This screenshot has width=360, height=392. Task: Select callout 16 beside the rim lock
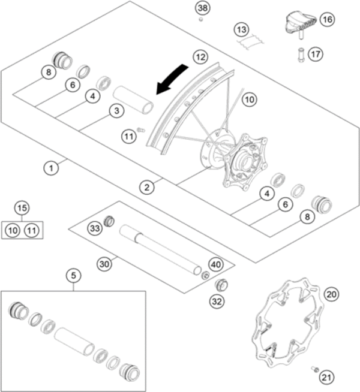pyautogui.click(x=327, y=19)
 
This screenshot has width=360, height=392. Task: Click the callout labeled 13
pyautogui.click(x=241, y=29)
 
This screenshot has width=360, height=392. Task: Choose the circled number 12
pyautogui.click(x=200, y=57)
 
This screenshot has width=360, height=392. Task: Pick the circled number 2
pyautogui.click(x=146, y=187)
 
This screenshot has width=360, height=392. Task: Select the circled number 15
pyautogui.click(x=22, y=209)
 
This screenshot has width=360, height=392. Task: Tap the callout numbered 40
pyautogui.click(x=215, y=264)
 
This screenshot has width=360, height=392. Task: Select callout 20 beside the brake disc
pyautogui.click(x=331, y=294)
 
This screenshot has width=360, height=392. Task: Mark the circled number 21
pyautogui.click(x=325, y=377)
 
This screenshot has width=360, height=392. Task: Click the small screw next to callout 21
pyautogui.click(x=313, y=370)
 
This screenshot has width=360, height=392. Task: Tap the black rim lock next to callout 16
pyautogui.click(x=298, y=22)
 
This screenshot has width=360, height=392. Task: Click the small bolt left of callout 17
pyautogui.click(x=299, y=56)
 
